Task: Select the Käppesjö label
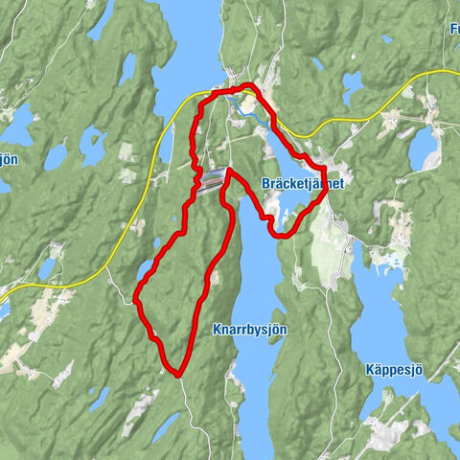(393, 369)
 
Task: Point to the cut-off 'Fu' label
(452, 29)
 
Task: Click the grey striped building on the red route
(212, 176)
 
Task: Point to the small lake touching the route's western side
(144, 271)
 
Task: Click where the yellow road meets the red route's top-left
(207, 94)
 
